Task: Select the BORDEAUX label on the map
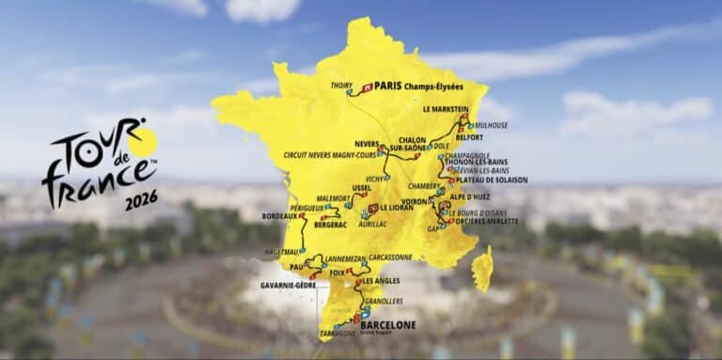point(279,216)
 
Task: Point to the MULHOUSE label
point(491,125)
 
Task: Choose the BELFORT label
point(468,136)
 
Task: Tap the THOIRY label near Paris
point(341,86)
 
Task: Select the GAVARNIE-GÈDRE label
point(289,285)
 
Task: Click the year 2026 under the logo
point(140,199)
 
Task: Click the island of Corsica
point(482,269)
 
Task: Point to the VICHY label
point(375,178)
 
